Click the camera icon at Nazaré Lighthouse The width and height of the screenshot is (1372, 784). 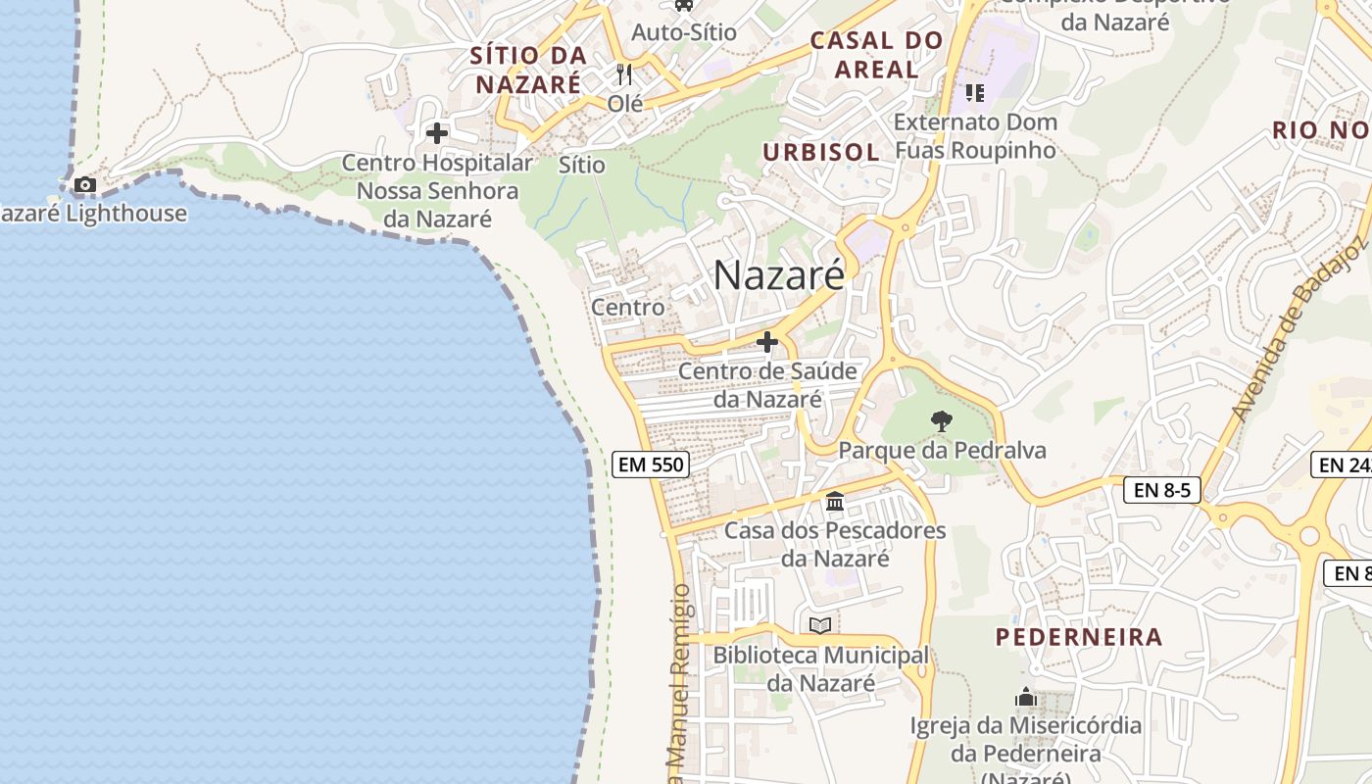tap(85, 184)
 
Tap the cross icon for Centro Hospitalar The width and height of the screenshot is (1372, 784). tap(437, 132)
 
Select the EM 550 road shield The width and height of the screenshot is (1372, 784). tap(651, 465)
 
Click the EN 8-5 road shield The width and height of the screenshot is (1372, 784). tap(1162, 490)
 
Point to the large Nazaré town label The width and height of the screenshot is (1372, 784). tap(778, 274)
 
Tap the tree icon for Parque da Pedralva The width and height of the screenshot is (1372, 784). tap(941, 421)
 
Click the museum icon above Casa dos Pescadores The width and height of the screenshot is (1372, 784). tap(835, 502)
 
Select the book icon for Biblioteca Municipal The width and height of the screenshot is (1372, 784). tap(820, 625)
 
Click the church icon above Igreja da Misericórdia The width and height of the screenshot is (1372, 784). tap(1026, 697)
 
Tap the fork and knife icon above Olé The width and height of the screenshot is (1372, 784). tap(623, 73)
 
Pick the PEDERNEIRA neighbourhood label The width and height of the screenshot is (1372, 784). tap(1079, 637)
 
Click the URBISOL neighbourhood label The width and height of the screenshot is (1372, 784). tap(820, 152)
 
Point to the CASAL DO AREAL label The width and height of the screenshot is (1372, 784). tap(877, 55)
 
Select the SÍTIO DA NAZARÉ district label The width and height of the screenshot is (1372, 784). tap(528, 69)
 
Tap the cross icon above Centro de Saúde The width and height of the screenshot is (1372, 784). tap(767, 342)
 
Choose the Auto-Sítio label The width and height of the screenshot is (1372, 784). tap(683, 31)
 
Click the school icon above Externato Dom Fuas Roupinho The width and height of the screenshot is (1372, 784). tap(974, 93)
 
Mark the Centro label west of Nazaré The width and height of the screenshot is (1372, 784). tap(627, 307)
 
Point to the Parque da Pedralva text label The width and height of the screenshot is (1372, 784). tap(942, 450)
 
